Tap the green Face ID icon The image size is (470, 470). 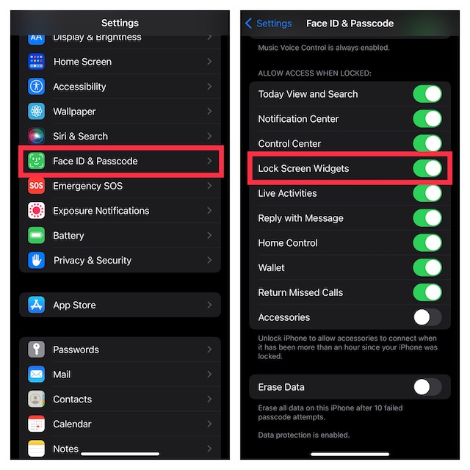click(36, 161)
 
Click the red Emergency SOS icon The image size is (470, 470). click(36, 186)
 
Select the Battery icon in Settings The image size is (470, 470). click(36, 236)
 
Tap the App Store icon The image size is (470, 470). click(36, 305)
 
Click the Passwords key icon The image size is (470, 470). click(36, 350)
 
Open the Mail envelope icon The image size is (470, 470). click(36, 375)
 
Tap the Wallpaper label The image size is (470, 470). click(74, 112)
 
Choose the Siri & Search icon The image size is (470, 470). click(36, 136)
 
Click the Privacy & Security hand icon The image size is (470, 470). click(36, 260)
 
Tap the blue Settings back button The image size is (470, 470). click(268, 23)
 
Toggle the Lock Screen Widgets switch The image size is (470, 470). click(427, 168)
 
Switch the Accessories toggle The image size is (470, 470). click(427, 317)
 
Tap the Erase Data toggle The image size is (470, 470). click(427, 387)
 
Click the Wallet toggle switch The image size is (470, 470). click(427, 267)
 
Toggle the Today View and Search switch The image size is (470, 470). click(427, 94)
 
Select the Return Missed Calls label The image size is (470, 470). click(300, 292)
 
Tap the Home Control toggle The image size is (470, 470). click(427, 243)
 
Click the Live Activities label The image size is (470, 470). click(287, 193)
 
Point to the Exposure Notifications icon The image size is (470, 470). click(36, 211)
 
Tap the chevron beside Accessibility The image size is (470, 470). click(209, 87)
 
